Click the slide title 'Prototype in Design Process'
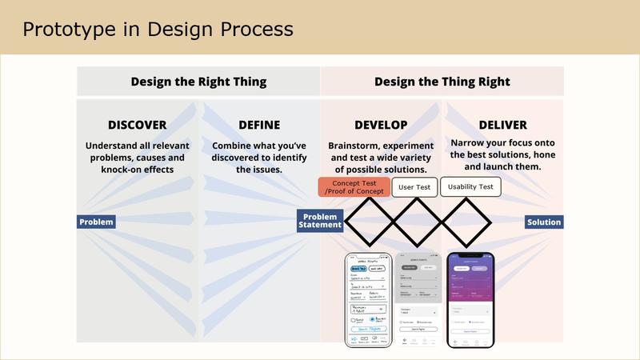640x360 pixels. coord(158,30)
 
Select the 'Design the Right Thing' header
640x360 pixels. coord(198,82)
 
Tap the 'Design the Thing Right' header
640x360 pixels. coord(442,82)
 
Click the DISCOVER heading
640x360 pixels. coord(138,125)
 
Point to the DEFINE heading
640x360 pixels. coord(259,125)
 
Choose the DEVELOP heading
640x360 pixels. coord(381,125)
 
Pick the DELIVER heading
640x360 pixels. coord(502,125)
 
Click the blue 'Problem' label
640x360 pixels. coord(96,222)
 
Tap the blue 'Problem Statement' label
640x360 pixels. coord(321,221)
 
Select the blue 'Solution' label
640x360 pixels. coord(544,222)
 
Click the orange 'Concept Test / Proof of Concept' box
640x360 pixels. coord(354,187)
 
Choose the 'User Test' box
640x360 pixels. coord(414,187)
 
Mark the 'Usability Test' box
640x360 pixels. coord(470,186)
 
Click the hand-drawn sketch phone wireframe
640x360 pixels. coord(369,300)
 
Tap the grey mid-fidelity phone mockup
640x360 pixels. coord(419,300)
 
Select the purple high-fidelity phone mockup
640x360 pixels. coord(470,300)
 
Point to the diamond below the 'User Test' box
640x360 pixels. coord(415,222)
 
